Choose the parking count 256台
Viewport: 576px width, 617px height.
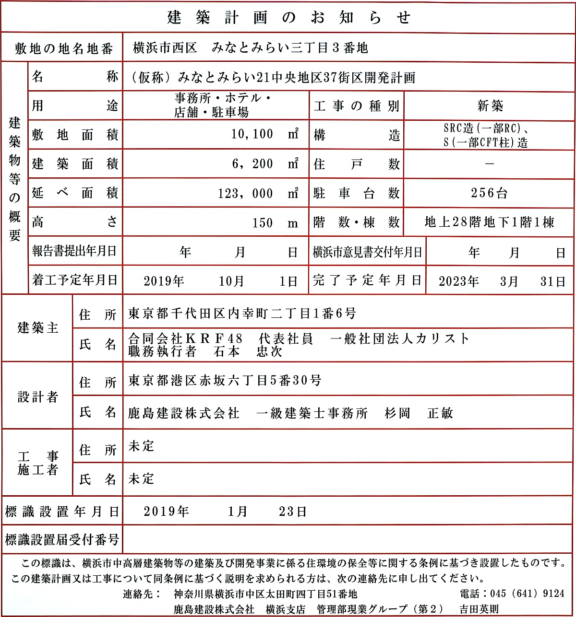click(489, 193)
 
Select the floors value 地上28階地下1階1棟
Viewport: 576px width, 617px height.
click(489, 222)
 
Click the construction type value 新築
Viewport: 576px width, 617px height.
click(490, 106)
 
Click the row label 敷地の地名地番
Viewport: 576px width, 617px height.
click(63, 48)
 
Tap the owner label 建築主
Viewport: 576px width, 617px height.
click(38, 328)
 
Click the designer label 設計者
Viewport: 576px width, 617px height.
click(38, 397)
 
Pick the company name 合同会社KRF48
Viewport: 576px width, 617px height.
click(186, 338)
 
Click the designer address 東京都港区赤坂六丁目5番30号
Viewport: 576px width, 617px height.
click(225, 381)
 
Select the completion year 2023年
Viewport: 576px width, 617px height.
click(459, 281)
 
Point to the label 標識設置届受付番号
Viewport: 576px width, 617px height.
click(62, 540)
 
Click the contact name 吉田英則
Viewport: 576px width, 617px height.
click(479, 609)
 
